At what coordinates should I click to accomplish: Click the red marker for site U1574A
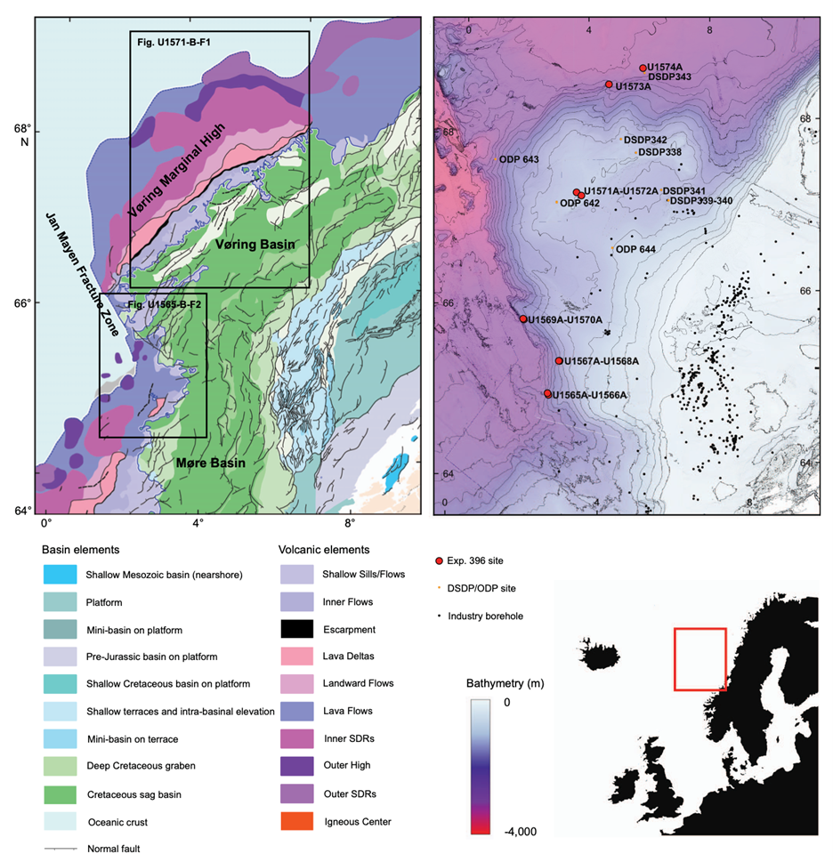(643, 68)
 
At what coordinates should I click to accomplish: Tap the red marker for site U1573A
(609, 85)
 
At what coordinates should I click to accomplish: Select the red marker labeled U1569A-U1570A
(523, 318)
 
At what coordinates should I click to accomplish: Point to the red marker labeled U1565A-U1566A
(547, 393)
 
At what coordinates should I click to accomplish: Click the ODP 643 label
(519, 160)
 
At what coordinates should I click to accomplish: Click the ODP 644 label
(635, 249)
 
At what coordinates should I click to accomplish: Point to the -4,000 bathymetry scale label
(503, 831)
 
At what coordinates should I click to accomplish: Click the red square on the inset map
(700, 658)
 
